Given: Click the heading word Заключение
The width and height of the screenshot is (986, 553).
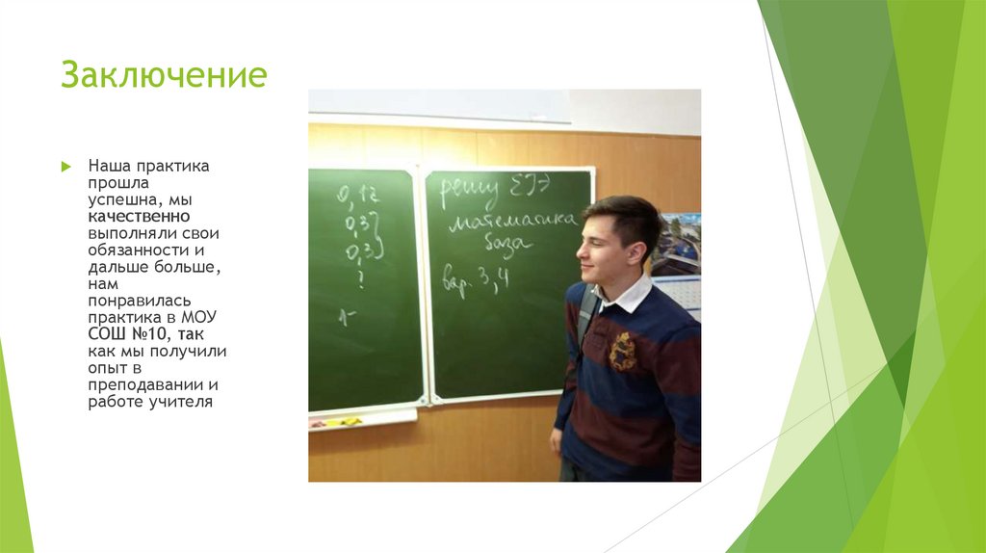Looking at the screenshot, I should tap(164, 75).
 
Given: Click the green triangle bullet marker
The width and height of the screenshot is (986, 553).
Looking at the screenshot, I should tap(65, 167).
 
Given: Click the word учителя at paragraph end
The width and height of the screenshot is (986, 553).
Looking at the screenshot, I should tap(179, 402).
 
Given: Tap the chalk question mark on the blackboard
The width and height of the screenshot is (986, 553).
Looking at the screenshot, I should tap(360, 280).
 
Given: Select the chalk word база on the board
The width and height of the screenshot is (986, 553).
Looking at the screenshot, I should tap(506, 245).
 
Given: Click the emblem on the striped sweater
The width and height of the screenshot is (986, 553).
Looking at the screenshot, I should tap(622, 352).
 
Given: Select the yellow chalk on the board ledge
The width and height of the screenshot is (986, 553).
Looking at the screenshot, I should tap(341, 421).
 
